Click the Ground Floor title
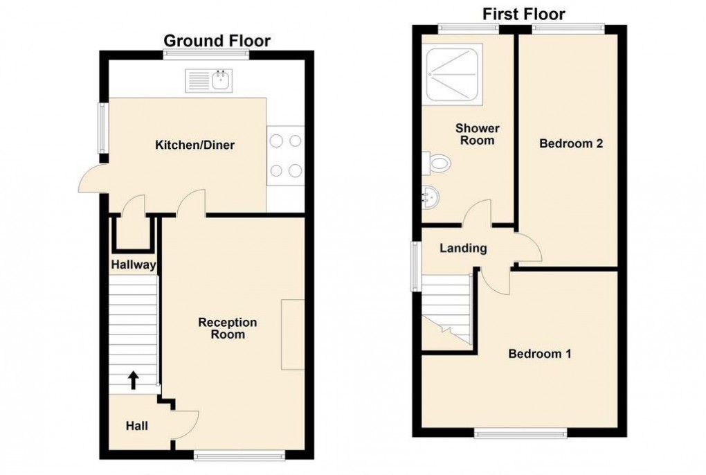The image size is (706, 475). (x=217, y=41)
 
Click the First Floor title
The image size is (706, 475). (x=523, y=14)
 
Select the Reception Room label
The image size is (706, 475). (x=228, y=328)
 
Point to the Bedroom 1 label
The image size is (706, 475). (x=540, y=354)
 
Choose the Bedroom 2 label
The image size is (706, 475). (x=571, y=144)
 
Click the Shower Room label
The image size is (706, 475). (x=478, y=134)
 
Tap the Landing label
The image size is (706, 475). (x=464, y=248)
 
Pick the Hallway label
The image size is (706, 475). (x=134, y=265)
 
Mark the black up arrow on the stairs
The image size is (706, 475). (x=133, y=379)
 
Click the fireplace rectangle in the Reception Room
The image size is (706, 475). (x=292, y=334)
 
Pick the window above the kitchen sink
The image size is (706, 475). (x=206, y=56)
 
